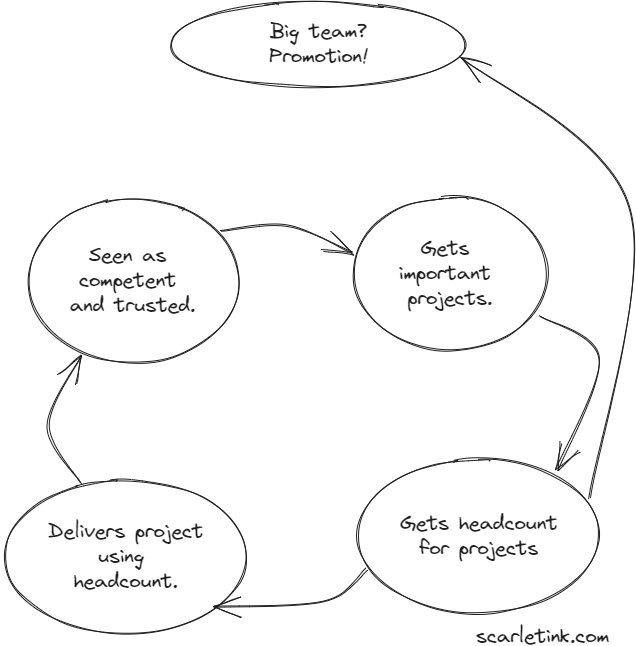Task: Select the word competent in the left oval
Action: [x=132, y=280]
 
